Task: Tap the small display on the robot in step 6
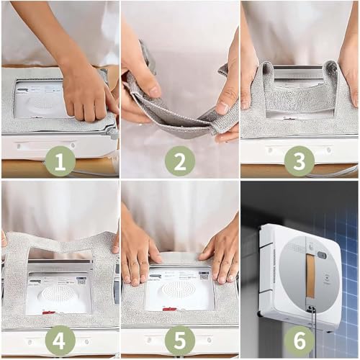[x=321, y=254]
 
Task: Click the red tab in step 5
[x=168, y=309]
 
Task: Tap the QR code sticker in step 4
[x=81, y=280]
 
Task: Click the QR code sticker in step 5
[x=204, y=276]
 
